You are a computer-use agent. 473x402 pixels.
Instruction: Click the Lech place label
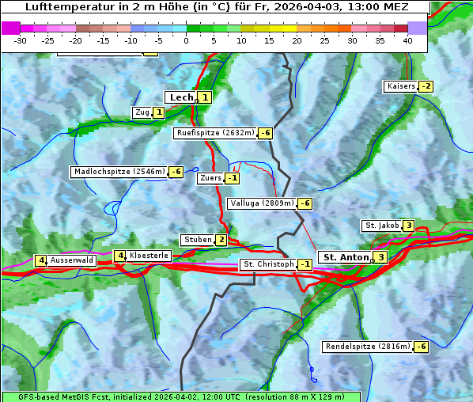tap(180, 97)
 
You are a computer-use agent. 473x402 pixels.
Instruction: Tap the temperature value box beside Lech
tap(205, 97)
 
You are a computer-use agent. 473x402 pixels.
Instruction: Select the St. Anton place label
tap(346, 257)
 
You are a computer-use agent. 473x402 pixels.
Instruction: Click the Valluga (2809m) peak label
tap(262, 203)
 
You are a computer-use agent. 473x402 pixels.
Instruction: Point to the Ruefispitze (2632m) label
tap(215, 133)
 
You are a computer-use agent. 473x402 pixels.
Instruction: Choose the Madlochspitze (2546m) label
tap(119, 172)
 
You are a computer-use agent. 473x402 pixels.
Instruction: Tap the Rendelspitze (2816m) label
tap(369, 347)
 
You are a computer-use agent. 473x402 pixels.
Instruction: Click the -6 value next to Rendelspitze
tap(422, 347)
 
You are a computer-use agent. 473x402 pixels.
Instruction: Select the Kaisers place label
tap(400, 86)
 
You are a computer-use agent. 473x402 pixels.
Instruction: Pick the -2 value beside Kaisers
tap(426, 86)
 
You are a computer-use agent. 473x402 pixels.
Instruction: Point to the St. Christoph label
tap(268, 264)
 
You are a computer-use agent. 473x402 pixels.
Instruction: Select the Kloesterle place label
tap(149, 256)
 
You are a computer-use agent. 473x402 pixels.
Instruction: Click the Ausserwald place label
tap(71, 260)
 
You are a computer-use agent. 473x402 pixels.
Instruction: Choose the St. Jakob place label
tap(381, 226)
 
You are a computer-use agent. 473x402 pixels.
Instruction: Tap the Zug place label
tap(142, 112)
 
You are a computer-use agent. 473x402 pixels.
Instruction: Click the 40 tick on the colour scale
tap(407, 40)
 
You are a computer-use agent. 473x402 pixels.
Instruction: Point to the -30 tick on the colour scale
tap(21, 40)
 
